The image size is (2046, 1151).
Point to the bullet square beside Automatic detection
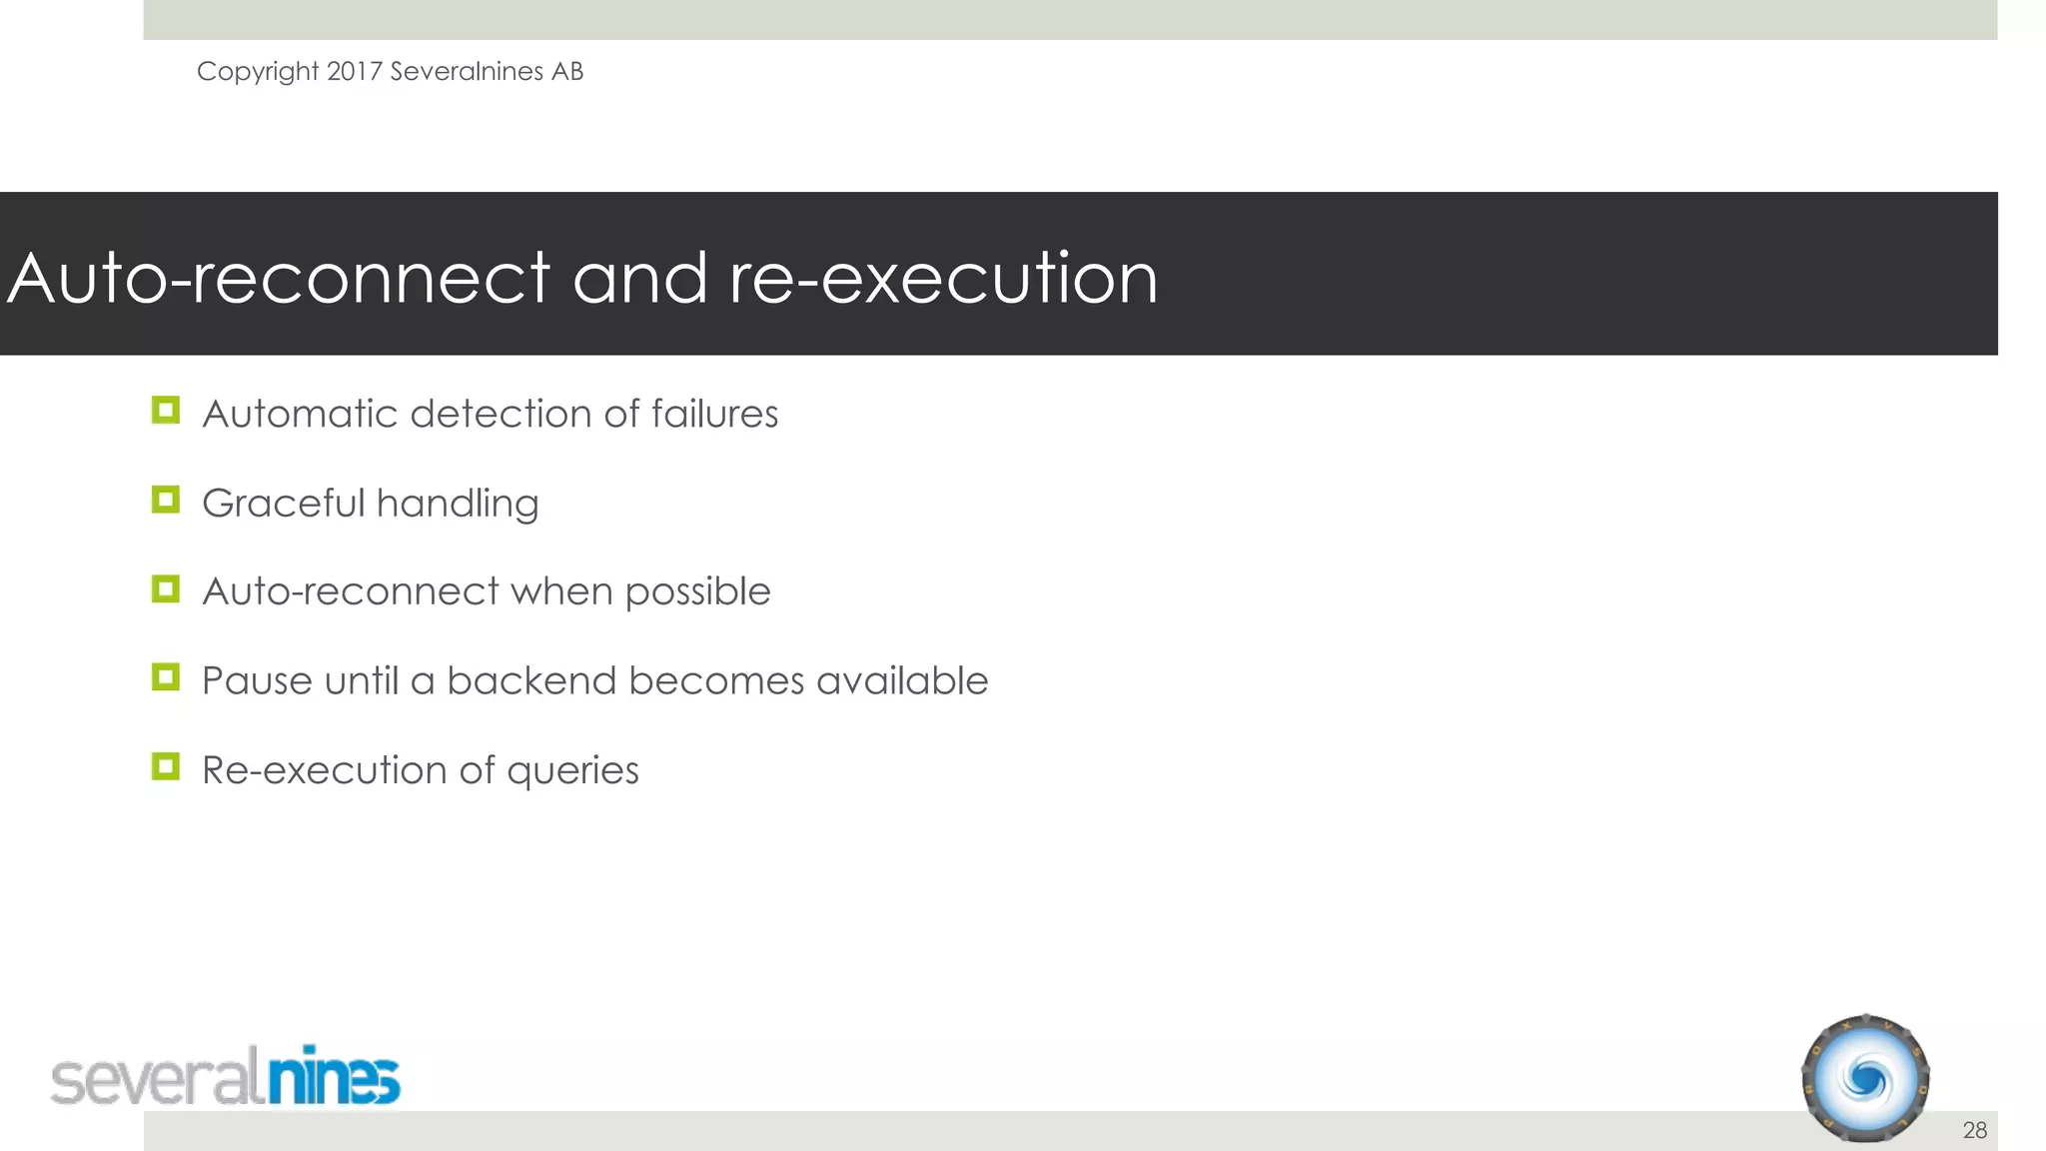(166, 411)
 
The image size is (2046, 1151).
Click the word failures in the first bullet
(714, 414)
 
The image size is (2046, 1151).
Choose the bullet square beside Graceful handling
(166, 500)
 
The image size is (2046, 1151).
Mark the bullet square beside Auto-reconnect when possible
(166, 588)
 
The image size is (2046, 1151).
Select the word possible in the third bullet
(697, 592)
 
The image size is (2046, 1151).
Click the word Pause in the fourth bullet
(257, 681)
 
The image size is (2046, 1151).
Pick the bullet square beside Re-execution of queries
(166, 766)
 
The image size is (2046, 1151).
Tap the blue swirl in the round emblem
(1865, 1080)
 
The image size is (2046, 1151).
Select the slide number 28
(1974, 1130)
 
